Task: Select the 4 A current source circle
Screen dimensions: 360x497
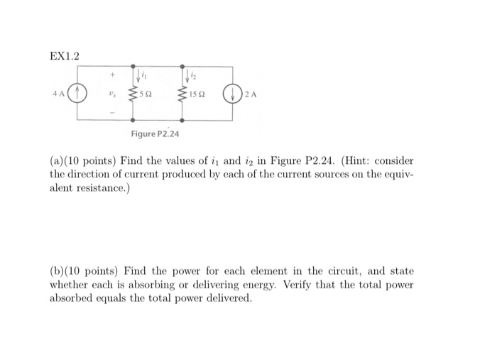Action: [78, 92]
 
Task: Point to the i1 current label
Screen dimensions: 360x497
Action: [144, 73]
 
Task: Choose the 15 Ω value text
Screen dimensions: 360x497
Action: [200, 94]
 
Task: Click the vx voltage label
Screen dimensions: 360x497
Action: [110, 93]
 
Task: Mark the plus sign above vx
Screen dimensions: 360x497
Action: [110, 72]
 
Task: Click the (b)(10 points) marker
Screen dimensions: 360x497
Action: [83, 271]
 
